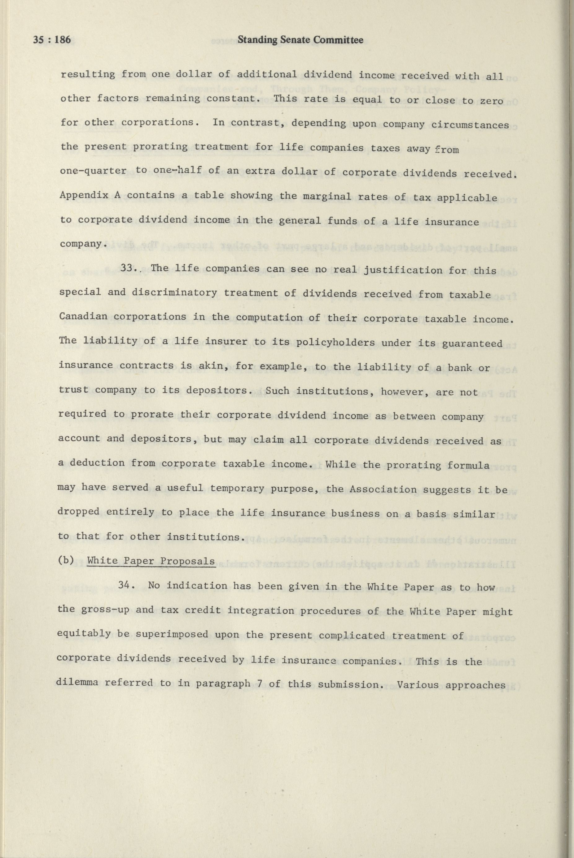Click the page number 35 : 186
pyautogui.click(x=52, y=40)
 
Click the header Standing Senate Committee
pyautogui.click(x=300, y=40)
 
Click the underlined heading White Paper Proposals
pyautogui.click(x=151, y=561)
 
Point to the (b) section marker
pyautogui.click(x=66, y=561)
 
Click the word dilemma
pyautogui.click(x=78, y=683)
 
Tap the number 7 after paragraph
pyautogui.click(x=259, y=683)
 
